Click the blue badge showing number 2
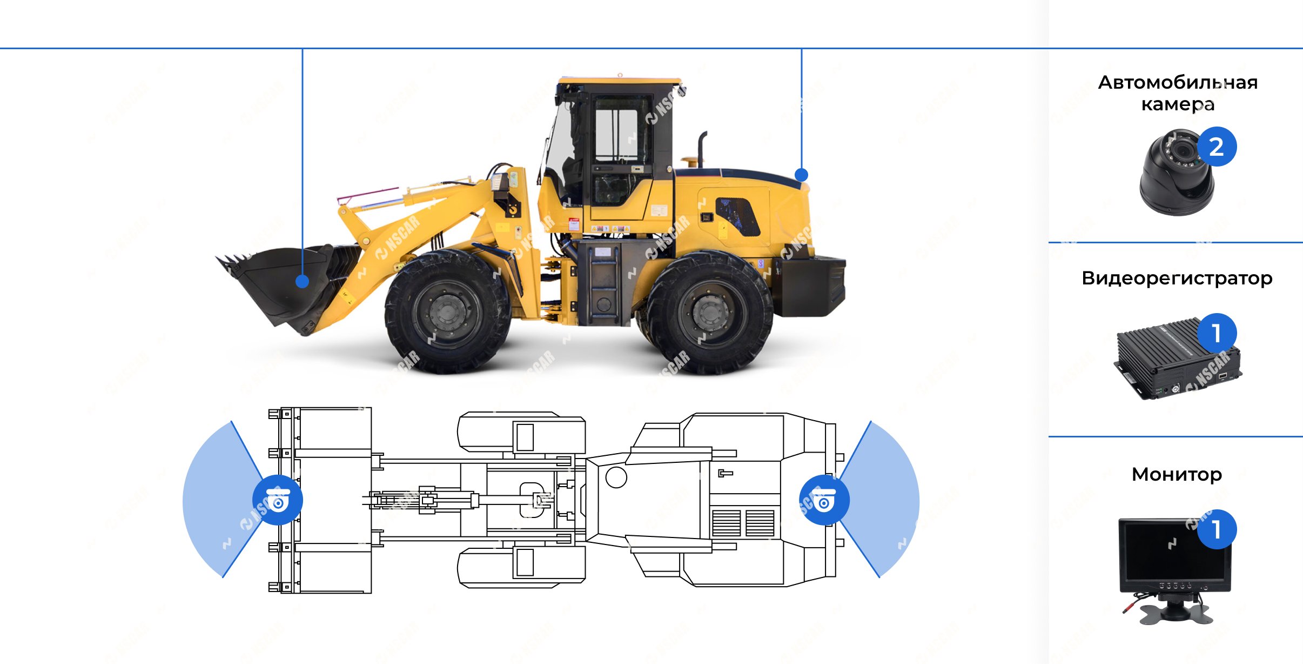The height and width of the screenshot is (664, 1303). [x=1217, y=147]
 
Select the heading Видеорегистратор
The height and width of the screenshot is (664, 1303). [x=1177, y=278]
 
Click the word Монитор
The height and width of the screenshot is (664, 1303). [x=1177, y=474]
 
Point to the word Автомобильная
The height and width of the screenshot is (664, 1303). [x=1178, y=82]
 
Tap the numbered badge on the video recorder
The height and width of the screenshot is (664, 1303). [x=1217, y=333]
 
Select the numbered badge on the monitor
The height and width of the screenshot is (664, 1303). [x=1217, y=529]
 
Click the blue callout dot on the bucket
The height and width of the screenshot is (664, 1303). [x=302, y=281]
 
